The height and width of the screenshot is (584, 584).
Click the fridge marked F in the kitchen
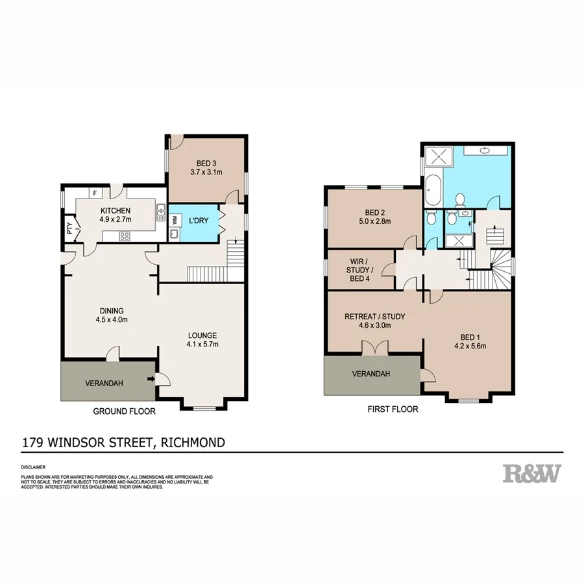pos(95,193)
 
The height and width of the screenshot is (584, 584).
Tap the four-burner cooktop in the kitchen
pos(123,236)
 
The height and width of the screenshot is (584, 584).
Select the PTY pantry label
pos(69,228)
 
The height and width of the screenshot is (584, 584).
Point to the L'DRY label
pos(198,221)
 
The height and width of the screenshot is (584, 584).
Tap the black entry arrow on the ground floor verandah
pos(151,378)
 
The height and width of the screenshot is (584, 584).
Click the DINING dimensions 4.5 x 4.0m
pos(112,319)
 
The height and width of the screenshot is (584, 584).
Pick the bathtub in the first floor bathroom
pos(433,191)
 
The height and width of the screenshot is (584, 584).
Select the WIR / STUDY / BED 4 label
pos(358,269)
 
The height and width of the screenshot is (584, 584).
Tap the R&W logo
pos(531,473)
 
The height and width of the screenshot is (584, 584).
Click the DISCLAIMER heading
pos(33,467)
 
